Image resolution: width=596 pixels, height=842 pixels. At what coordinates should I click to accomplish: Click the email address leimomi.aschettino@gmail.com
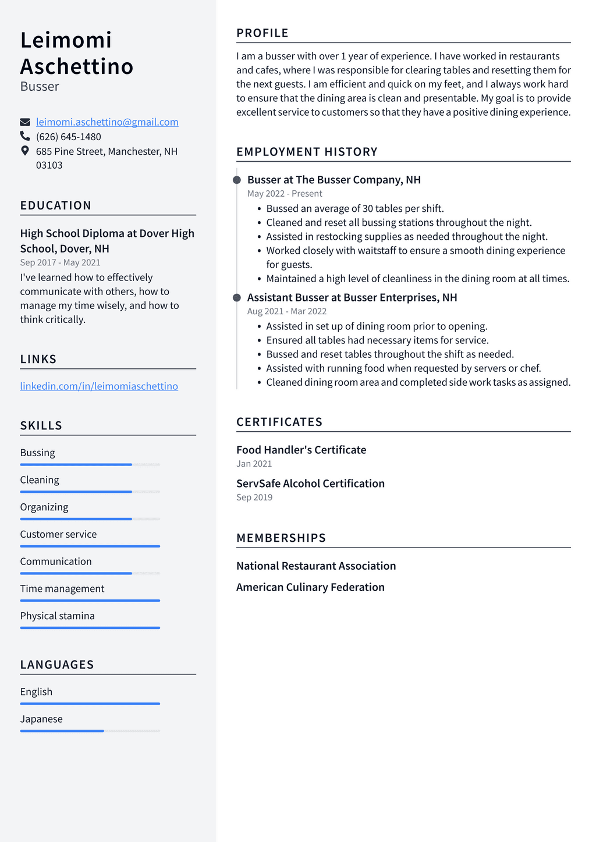tap(107, 122)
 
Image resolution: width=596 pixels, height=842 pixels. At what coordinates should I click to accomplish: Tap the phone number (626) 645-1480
tap(69, 137)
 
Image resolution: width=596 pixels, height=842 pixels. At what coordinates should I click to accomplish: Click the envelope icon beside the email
tap(25, 122)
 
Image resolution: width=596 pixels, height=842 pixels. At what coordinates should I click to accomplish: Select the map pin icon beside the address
tap(25, 151)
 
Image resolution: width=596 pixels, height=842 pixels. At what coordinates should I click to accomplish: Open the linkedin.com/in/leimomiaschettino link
tap(99, 386)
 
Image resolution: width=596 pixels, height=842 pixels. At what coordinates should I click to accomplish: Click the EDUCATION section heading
tap(56, 205)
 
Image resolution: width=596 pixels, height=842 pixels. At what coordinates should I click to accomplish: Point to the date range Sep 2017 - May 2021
tap(61, 263)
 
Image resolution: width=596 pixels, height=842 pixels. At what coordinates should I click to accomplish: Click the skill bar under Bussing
tap(90, 464)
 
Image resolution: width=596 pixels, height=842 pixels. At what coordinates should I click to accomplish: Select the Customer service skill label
tap(58, 534)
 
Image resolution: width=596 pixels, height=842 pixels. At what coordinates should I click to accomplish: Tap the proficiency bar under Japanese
tap(90, 731)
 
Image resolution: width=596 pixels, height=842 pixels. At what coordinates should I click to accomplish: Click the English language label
tap(36, 692)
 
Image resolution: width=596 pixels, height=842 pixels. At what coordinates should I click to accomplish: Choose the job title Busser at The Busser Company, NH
tap(334, 180)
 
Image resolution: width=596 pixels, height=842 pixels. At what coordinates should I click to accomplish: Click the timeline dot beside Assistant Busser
tap(237, 298)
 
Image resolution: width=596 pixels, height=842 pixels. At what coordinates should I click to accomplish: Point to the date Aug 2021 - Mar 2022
tap(287, 311)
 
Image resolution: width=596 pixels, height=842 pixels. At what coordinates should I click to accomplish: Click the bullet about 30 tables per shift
tap(355, 208)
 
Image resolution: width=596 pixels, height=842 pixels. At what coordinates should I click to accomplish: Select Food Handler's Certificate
tap(301, 450)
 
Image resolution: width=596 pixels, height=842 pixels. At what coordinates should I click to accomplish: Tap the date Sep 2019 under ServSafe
tap(254, 498)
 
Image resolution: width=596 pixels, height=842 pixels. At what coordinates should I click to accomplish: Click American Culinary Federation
tap(310, 587)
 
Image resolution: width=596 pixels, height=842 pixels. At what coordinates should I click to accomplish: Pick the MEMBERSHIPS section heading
tap(281, 538)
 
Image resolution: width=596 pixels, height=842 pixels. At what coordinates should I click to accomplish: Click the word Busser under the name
tap(40, 87)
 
